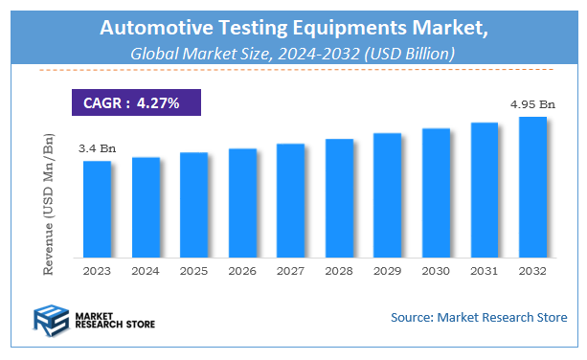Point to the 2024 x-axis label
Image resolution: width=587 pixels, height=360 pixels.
pos(146,272)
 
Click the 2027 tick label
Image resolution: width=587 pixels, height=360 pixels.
pos(290,272)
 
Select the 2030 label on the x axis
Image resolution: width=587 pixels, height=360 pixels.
pos(436,272)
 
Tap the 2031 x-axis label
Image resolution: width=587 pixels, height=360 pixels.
pos(485,272)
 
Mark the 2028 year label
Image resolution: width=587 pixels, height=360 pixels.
pos(339,272)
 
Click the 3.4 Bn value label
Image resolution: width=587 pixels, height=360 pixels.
pos(96,148)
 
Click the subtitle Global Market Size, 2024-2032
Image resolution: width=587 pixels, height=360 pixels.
pos(294,54)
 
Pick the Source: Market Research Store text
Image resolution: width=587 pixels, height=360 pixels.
pos(479,317)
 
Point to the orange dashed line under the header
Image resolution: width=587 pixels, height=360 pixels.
pos(294,70)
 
